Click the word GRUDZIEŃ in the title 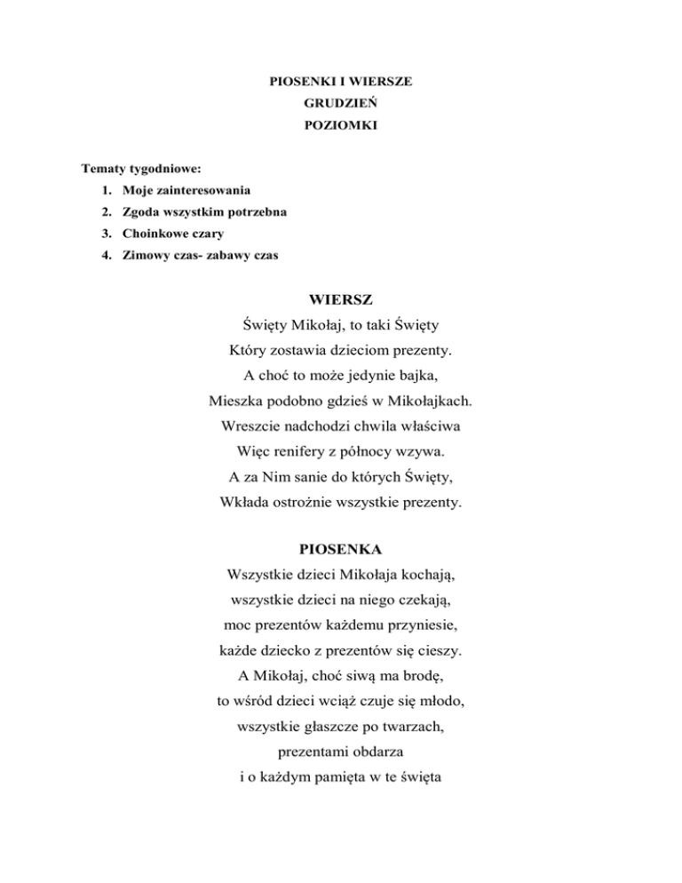tap(341, 104)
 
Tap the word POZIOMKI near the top tap(341, 126)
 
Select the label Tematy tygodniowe tap(140, 168)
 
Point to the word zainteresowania tap(201, 190)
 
